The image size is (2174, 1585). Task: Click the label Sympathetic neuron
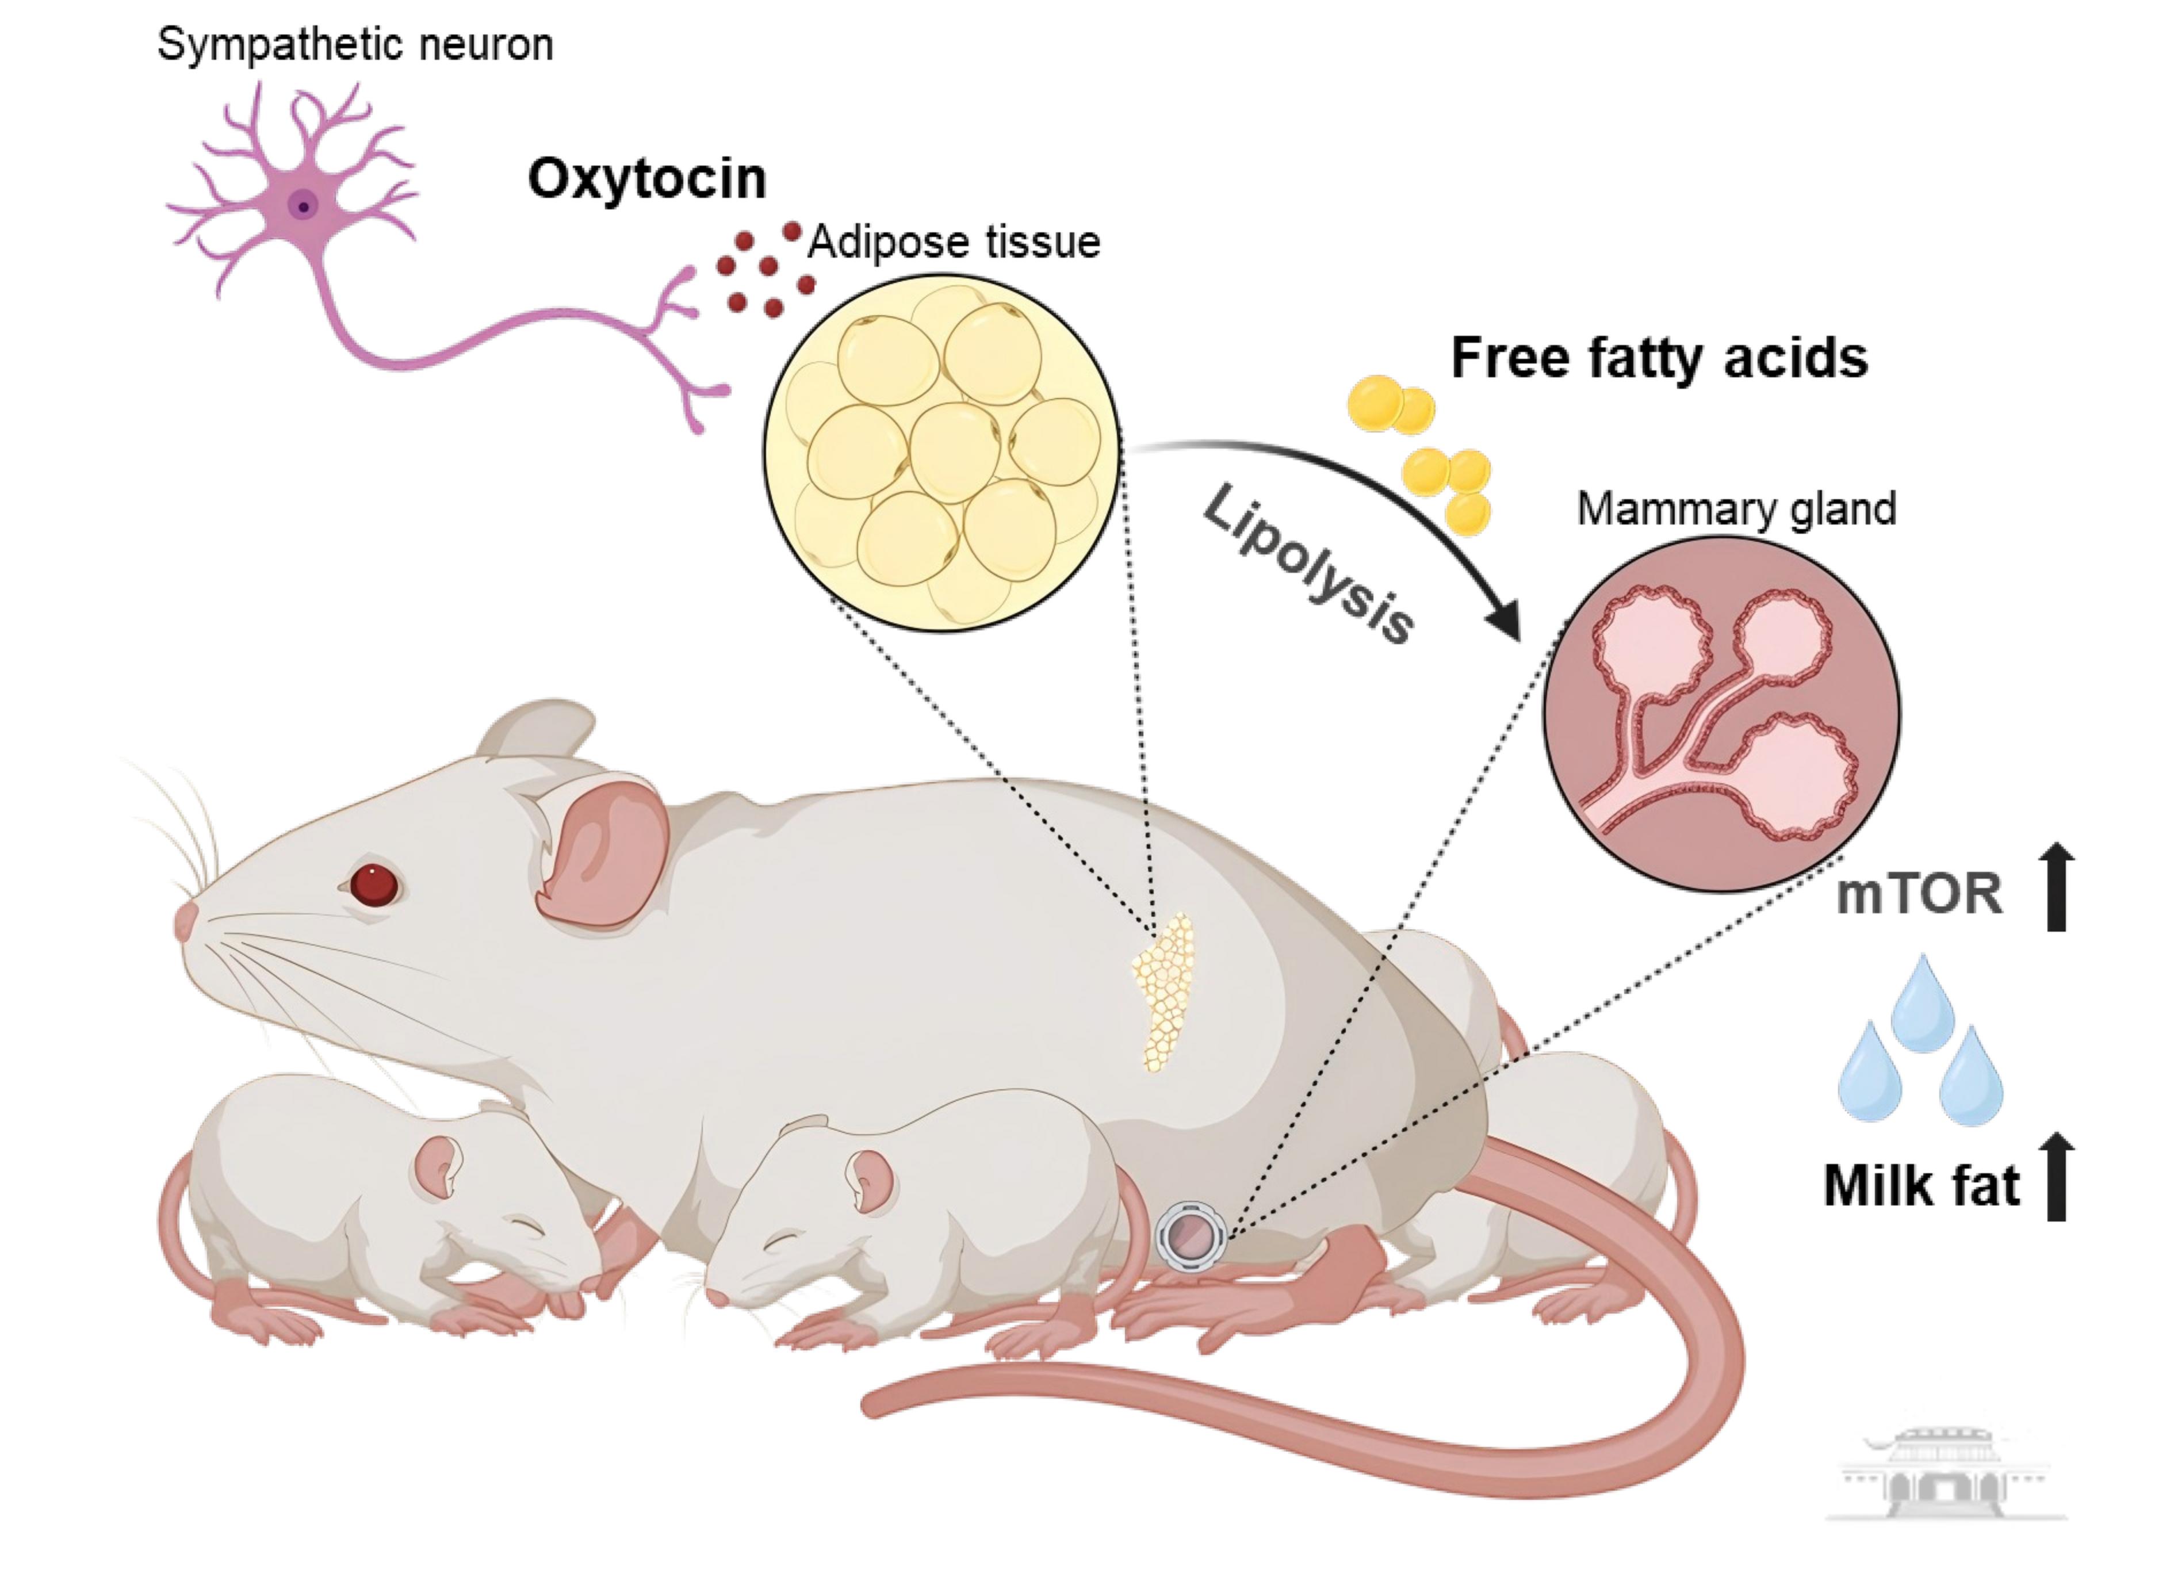[x=355, y=45]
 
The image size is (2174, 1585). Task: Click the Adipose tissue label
[x=954, y=242]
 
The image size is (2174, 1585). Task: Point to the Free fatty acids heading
[x=1659, y=358]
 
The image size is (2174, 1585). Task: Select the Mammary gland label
[x=1736, y=508]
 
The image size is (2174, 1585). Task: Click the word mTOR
[x=1919, y=894]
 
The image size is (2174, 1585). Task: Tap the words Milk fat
[x=1921, y=1186]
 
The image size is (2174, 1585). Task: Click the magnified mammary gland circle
[x=1721, y=715]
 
